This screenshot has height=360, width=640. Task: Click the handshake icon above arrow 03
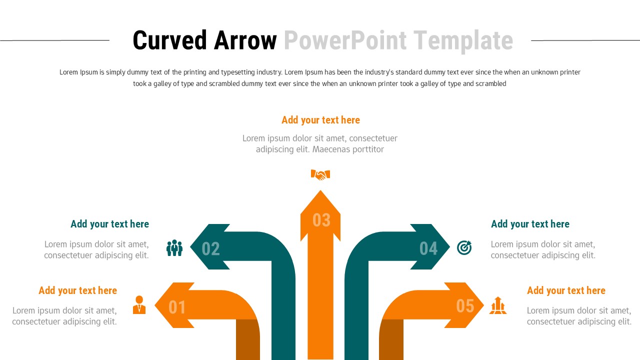(320, 174)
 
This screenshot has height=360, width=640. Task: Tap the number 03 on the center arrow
(321, 220)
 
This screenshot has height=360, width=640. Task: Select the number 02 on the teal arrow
(210, 248)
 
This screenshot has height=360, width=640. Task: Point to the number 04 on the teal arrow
(428, 248)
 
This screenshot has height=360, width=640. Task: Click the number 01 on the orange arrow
(177, 306)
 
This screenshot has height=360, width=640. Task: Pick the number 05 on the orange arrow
(465, 305)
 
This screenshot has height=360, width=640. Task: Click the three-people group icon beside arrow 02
(174, 248)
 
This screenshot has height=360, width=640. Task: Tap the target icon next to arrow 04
(464, 247)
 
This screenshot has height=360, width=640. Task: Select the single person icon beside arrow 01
(139, 305)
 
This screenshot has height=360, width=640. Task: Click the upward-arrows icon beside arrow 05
(498, 305)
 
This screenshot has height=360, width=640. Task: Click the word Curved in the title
(169, 40)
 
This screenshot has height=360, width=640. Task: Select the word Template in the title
(463, 40)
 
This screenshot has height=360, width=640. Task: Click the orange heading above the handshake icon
(320, 120)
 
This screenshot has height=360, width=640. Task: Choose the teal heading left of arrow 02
(109, 224)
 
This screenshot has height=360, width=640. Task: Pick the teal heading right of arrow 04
(530, 224)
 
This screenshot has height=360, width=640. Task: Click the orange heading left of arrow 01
(77, 290)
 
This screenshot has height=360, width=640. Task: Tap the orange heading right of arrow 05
(566, 290)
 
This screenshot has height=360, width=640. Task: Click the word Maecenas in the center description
(332, 149)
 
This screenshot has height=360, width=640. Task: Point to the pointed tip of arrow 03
(320, 191)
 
